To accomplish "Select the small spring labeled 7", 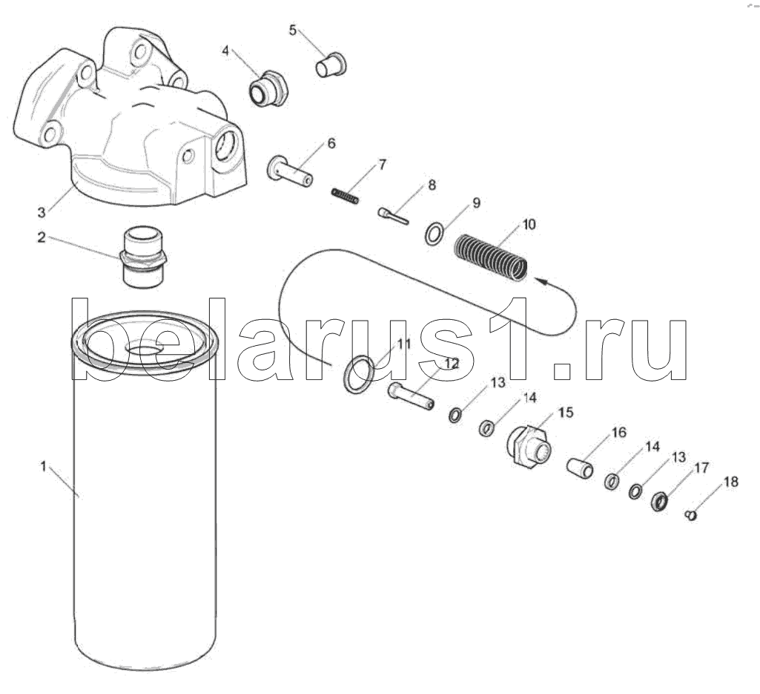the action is coord(345,195).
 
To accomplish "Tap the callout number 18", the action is coord(731,482).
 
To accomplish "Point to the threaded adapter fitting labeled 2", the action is coord(143,256).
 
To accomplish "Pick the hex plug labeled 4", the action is coord(268,89).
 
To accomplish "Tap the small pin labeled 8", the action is coord(393,215).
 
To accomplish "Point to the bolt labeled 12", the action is coord(411,396).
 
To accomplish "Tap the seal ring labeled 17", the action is coord(659,501).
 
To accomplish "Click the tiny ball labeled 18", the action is coord(691,515).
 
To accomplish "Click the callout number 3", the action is coord(42,212).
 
